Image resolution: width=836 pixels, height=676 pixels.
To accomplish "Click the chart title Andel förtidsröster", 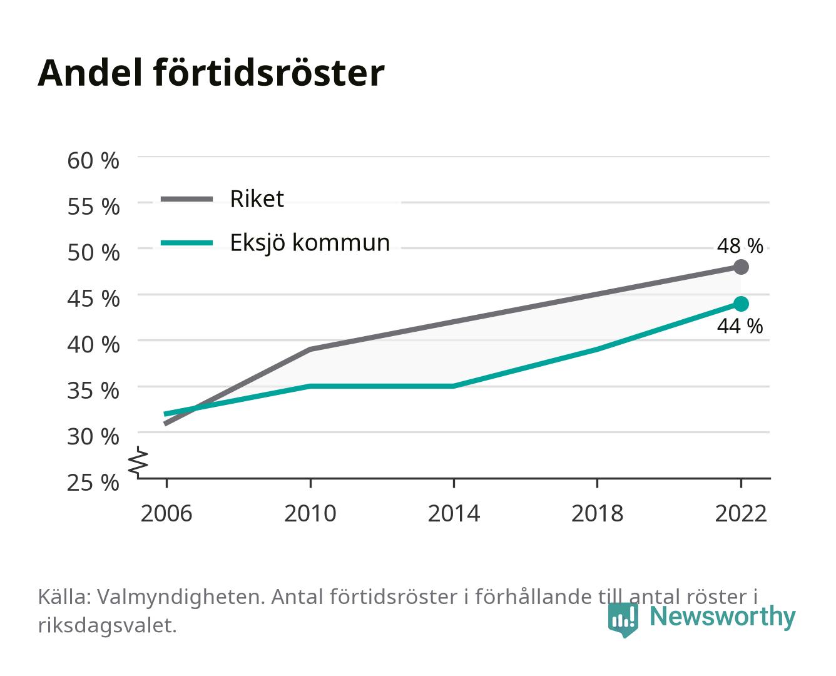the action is (x=211, y=73).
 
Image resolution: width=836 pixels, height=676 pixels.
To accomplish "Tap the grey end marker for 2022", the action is (x=741, y=267).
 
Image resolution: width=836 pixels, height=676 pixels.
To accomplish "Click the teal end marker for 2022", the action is (x=741, y=304).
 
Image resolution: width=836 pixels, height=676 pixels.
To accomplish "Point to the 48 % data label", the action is (x=740, y=246).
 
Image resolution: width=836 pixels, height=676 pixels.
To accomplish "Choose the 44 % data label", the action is (x=740, y=326).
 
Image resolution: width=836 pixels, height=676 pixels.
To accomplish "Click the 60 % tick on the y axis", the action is (x=93, y=161).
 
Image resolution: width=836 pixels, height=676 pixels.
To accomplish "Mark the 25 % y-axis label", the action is (x=93, y=483).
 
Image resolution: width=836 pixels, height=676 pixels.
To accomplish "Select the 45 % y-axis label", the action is (x=93, y=299).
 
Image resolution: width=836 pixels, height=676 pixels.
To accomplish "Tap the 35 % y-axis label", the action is (x=93, y=391).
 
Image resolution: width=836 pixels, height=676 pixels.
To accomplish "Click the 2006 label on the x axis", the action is (x=166, y=513).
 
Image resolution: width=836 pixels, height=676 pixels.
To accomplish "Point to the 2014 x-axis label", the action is (x=454, y=513).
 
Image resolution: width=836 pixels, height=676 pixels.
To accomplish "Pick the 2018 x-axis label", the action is (x=598, y=513).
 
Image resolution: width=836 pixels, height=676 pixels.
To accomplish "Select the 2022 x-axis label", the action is (x=741, y=513).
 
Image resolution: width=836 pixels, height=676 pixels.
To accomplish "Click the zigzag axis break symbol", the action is (x=138, y=462).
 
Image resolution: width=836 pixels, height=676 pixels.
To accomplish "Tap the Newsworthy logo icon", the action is (x=623, y=619).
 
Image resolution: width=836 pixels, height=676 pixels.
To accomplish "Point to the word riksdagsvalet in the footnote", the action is (x=107, y=625).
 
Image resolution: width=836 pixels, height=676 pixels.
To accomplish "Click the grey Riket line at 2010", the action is (x=310, y=349).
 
